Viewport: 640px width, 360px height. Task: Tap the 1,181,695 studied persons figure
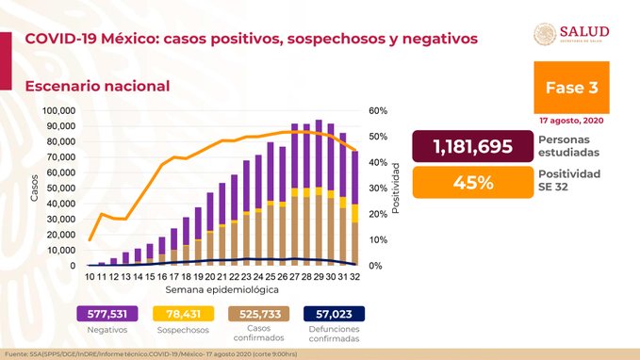tap(468, 147)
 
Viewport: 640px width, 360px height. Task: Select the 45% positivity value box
tap(468, 182)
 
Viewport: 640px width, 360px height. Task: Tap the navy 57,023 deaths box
tap(335, 314)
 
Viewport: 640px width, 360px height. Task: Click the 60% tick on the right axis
tap(377, 110)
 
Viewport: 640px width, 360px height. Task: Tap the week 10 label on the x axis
tap(90, 277)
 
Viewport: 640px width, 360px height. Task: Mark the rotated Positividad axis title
tap(397, 188)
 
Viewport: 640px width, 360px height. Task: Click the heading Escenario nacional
tap(97, 86)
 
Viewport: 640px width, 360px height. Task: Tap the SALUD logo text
tap(585, 31)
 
